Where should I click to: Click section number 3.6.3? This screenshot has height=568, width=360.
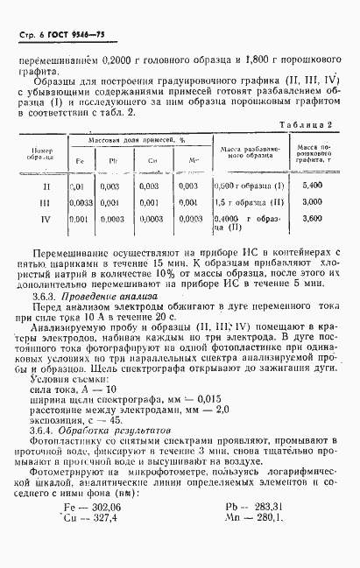coord(41,297)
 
